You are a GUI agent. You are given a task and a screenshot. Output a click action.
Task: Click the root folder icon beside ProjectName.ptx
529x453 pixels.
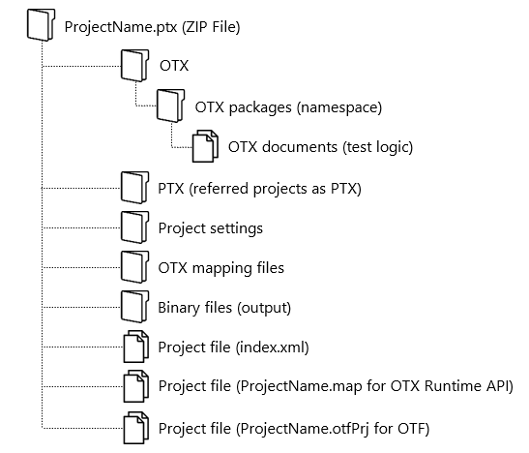pyautogui.click(x=36, y=27)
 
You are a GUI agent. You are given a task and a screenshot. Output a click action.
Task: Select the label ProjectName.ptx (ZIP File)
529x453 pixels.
pyautogui.click(x=151, y=27)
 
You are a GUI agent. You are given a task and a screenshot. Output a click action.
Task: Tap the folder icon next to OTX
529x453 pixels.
pyautogui.click(x=132, y=66)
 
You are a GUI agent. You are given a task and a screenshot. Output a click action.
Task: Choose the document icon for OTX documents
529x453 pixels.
pyautogui.click(x=203, y=146)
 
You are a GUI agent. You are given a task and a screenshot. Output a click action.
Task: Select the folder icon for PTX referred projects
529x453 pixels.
pyautogui.click(x=132, y=187)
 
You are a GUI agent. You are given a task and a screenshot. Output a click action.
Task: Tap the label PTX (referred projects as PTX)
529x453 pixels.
pyautogui.click(x=259, y=187)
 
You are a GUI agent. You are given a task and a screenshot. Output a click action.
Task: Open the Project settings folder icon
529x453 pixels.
pyautogui.click(x=132, y=227)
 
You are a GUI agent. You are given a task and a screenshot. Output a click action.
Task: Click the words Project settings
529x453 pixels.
pyautogui.click(x=210, y=228)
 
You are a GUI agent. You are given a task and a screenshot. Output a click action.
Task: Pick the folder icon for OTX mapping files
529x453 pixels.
pyautogui.click(x=132, y=266)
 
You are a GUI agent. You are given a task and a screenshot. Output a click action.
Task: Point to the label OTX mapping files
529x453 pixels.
pyautogui.click(x=220, y=267)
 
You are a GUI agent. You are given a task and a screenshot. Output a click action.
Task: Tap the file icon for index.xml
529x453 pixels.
pyautogui.click(x=132, y=346)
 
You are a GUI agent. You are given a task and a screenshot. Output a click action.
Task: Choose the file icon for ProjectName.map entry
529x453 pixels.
pyautogui.click(x=132, y=385)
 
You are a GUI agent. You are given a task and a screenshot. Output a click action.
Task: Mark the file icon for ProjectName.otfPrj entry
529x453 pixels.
pyautogui.click(x=132, y=426)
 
